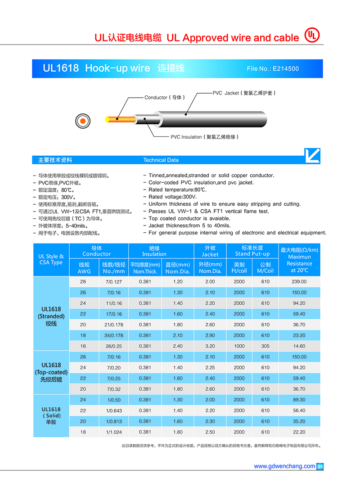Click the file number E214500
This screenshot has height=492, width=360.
tap(273, 69)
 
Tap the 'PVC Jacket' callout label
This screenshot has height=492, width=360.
tap(243, 93)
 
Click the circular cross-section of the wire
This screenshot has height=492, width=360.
tap(83, 121)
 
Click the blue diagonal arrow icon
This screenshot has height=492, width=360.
tap(312, 156)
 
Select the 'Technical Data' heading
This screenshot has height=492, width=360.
tap(161, 160)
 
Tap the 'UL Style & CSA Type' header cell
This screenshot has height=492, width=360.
tap(51, 259)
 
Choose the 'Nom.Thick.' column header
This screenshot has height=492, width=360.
tap(145, 271)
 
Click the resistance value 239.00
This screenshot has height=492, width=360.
tap(299, 281)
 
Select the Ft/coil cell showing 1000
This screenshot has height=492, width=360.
tap(239, 346)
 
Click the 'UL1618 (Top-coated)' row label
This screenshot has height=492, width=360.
tap(51, 372)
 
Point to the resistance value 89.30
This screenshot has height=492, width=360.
tap(299, 400)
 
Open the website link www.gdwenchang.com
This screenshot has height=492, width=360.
tap(284, 466)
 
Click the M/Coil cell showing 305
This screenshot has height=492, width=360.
tap(265, 346)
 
